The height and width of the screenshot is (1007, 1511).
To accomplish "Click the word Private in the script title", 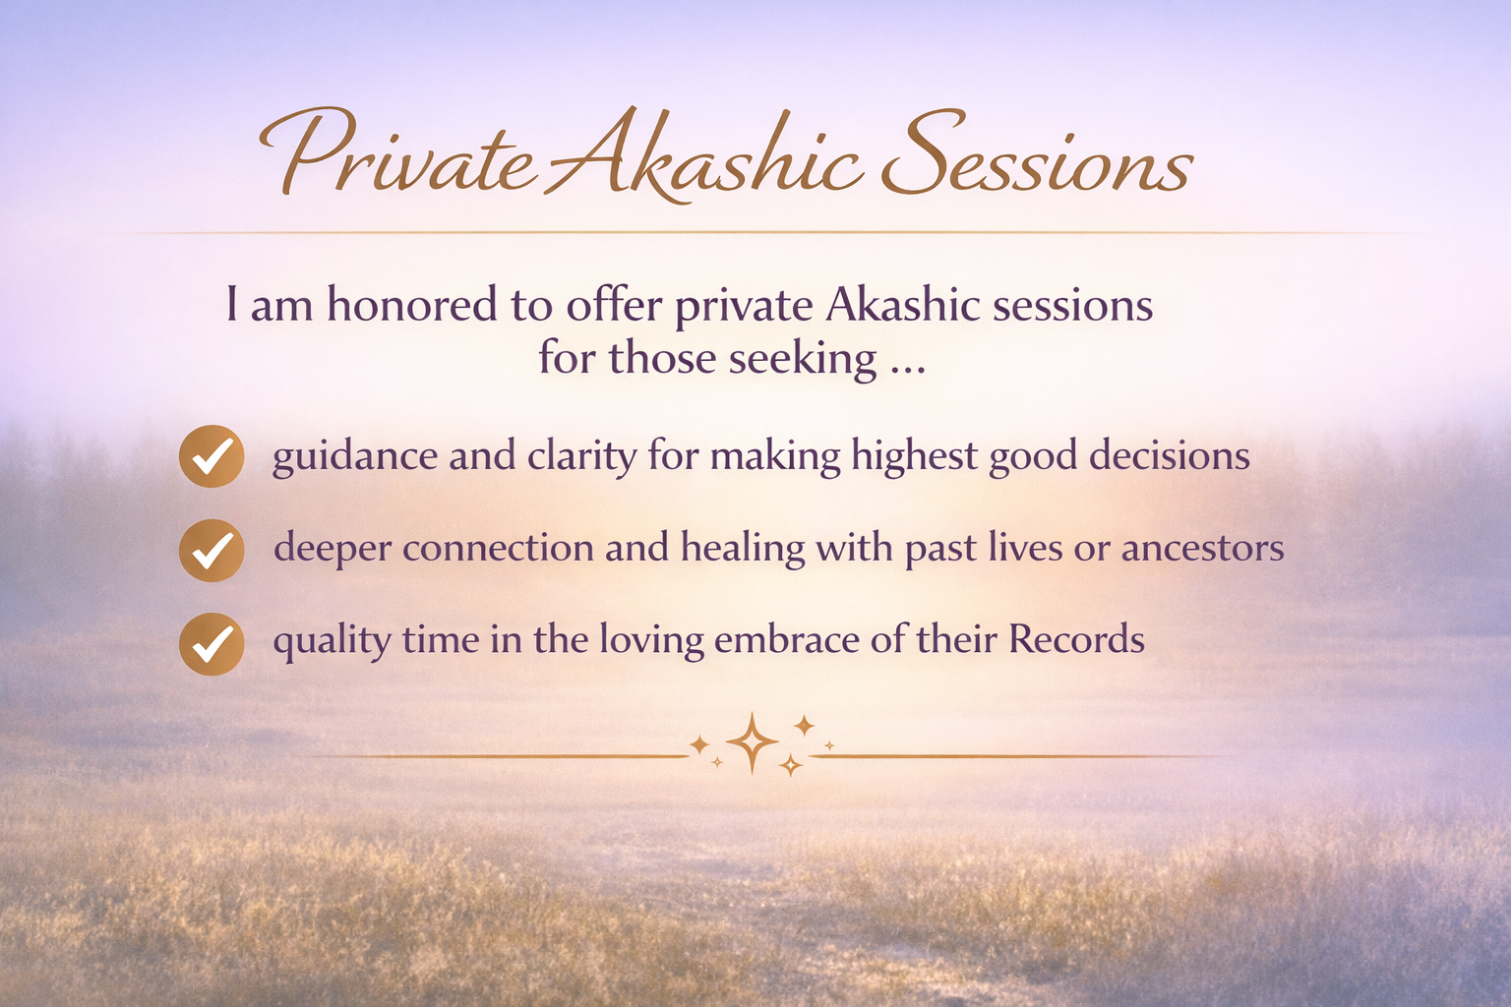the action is (x=398, y=152).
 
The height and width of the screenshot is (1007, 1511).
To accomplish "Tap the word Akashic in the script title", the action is (x=701, y=155).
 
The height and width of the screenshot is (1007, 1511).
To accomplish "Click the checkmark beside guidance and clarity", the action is (x=212, y=456).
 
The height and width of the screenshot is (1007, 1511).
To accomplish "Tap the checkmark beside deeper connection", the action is (x=212, y=551).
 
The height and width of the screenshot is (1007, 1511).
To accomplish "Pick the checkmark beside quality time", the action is (x=212, y=644).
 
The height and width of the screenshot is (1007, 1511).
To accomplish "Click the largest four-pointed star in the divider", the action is (x=753, y=743).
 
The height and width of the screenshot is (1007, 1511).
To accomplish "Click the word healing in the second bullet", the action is (x=743, y=549).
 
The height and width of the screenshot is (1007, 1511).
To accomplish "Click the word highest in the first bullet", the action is (x=914, y=456).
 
